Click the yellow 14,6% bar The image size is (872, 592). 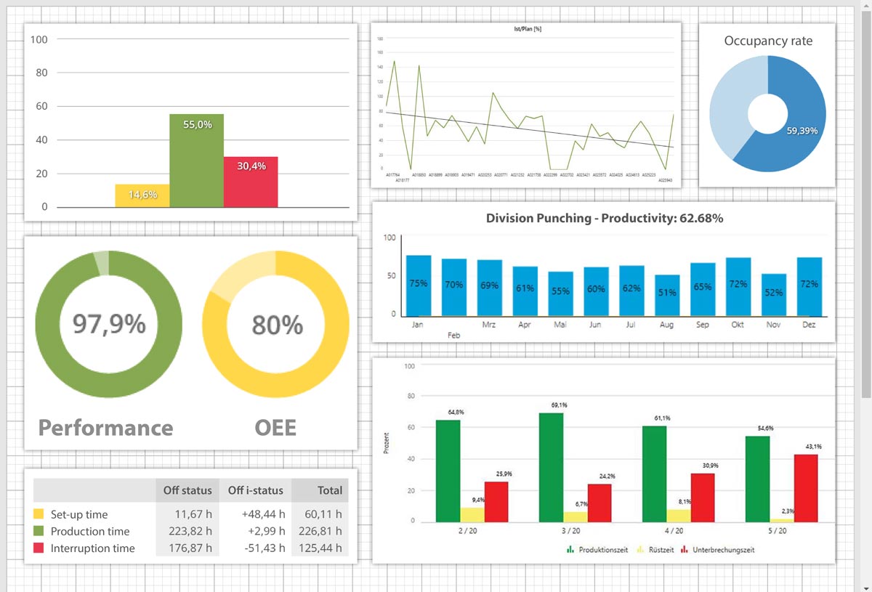coord(142,195)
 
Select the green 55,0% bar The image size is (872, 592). coord(196,161)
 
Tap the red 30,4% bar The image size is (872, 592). coord(251,182)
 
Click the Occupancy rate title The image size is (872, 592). coord(768,41)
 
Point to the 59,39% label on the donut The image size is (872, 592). coord(802,131)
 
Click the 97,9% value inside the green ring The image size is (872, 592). coord(109,324)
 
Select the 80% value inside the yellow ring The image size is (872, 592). coord(277,325)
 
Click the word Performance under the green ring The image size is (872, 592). coord(105,428)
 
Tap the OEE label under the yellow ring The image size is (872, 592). coord(275,428)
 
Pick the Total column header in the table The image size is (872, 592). coord(329,490)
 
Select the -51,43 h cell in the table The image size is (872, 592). coord(263,548)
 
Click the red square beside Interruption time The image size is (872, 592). coord(39,548)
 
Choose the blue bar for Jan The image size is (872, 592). coord(418,285)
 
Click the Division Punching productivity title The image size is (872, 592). coord(604,218)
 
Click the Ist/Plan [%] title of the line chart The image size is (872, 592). coord(527,29)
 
